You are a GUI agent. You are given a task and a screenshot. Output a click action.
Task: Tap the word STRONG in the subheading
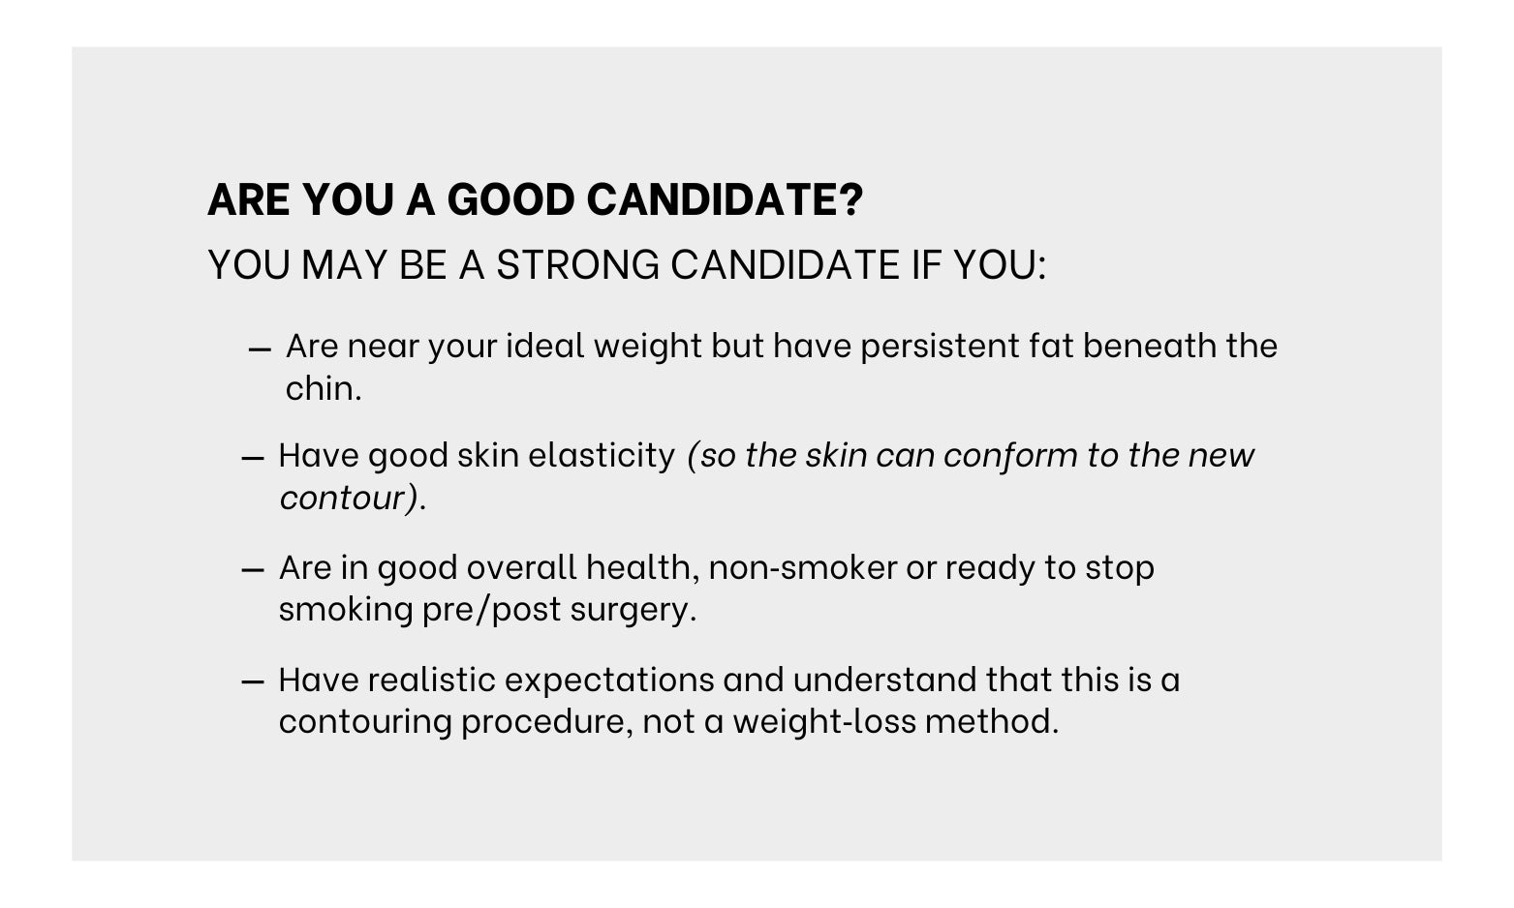[x=578, y=264]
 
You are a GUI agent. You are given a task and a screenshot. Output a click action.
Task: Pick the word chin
[x=324, y=389]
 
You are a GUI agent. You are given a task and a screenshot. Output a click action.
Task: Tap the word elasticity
[x=602, y=455]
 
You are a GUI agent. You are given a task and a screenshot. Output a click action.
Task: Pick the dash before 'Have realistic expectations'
[x=253, y=683]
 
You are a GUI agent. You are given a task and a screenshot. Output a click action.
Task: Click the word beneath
[x=1151, y=346]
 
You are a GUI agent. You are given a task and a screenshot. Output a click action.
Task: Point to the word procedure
[x=546, y=722]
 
